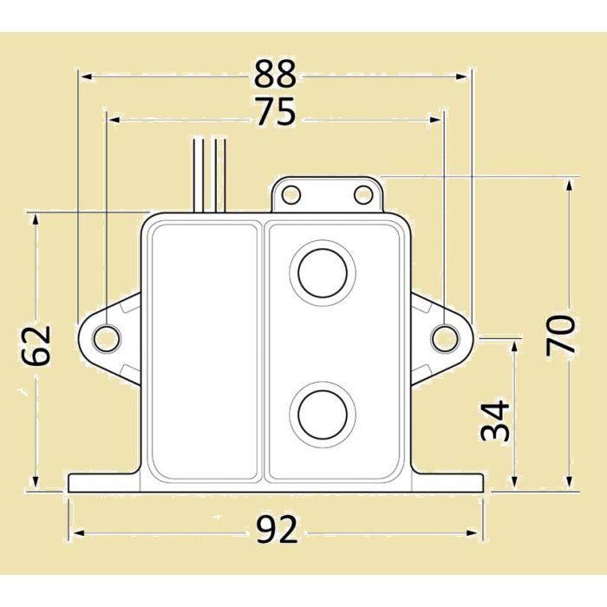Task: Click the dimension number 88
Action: tap(276, 75)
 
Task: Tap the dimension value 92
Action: tap(276, 528)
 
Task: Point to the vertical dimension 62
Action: tap(36, 344)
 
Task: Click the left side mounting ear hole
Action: tap(106, 337)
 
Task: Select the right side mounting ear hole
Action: tap(444, 337)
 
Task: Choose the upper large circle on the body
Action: tap(325, 271)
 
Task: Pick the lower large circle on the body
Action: tap(325, 414)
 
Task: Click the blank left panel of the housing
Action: tap(204, 351)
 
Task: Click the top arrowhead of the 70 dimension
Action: tap(569, 183)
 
